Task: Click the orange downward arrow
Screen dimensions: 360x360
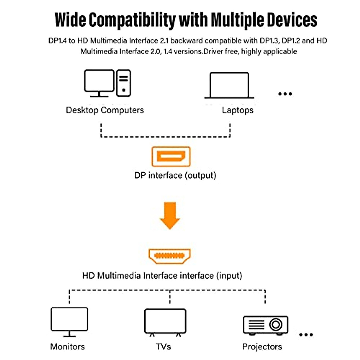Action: (170, 215)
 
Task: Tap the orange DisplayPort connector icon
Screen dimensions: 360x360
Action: (171, 156)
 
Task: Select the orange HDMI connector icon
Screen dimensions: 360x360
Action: (170, 256)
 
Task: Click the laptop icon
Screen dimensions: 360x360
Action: (229, 85)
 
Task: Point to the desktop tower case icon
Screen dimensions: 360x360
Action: (123, 83)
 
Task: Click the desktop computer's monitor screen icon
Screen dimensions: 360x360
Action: (99, 81)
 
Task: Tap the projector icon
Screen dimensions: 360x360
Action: (265, 325)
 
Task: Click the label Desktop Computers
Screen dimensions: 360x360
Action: (105, 110)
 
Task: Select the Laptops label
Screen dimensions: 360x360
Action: (238, 110)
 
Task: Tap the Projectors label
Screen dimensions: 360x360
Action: (262, 347)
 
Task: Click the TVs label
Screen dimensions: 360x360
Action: (163, 347)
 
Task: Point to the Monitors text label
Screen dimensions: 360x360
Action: (67, 347)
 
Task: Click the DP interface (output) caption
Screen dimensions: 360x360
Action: (175, 175)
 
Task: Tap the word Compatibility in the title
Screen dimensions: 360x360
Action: (132, 20)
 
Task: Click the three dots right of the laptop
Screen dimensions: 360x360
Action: (285, 94)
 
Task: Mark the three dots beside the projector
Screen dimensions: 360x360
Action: (306, 334)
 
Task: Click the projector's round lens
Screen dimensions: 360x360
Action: (276, 324)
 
